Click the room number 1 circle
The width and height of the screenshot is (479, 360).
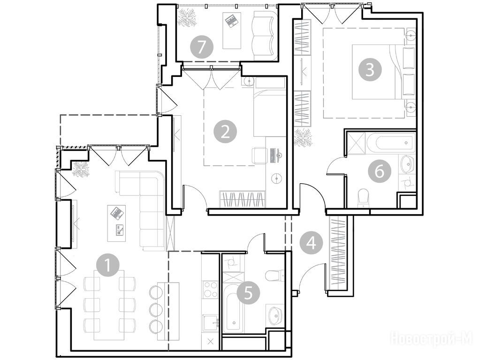click(x=108, y=265)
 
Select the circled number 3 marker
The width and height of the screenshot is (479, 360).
click(x=370, y=69)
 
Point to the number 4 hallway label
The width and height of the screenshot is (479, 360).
click(x=312, y=243)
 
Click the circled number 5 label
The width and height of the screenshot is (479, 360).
click(x=248, y=293)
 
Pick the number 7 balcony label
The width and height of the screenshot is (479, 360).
click(x=201, y=47)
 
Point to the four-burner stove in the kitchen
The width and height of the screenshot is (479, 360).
click(x=210, y=289)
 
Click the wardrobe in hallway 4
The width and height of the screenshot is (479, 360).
click(x=338, y=254)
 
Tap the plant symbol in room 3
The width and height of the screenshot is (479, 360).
click(x=303, y=137)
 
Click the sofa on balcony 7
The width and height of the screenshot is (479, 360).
click(x=265, y=36)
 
